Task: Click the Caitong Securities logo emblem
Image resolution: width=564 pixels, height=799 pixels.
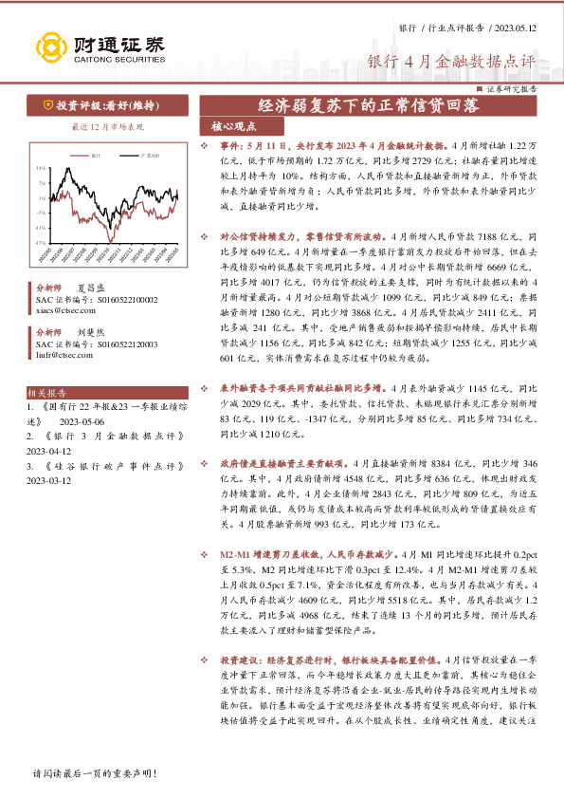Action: pyautogui.click(x=47, y=46)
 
